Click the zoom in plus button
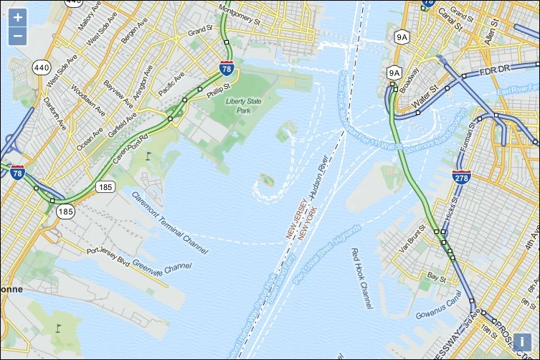pyautogui.click(x=18, y=17)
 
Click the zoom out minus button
pyautogui.click(x=18, y=36)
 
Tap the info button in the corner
pyautogui.click(x=522, y=343)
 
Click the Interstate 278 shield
pyautogui.click(x=462, y=176)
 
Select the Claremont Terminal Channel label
pyautogui.click(x=170, y=223)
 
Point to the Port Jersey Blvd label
pyautogui.click(x=108, y=251)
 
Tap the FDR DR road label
pyautogui.click(x=494, y=69)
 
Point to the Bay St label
pyautogui.click(x=437, y=275)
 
